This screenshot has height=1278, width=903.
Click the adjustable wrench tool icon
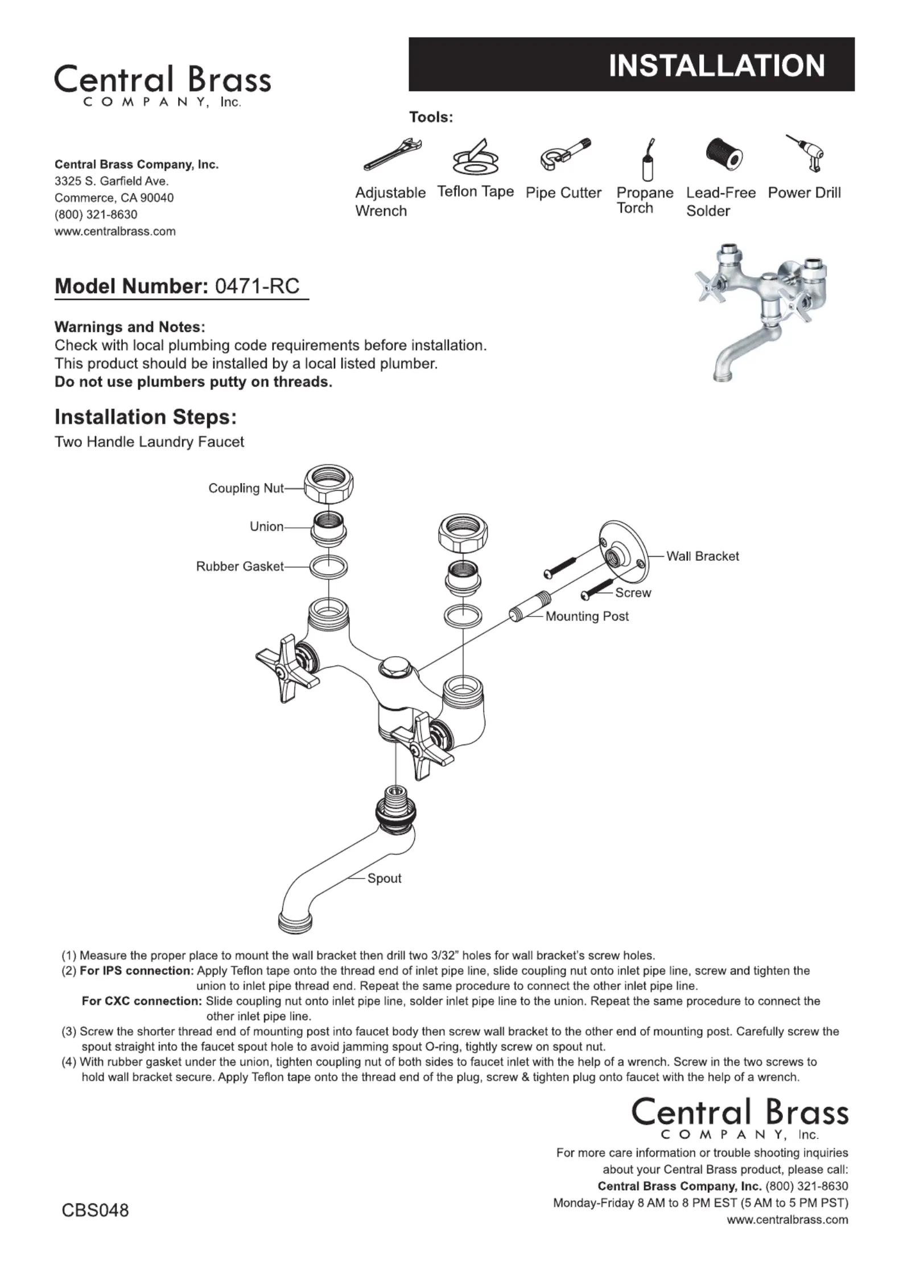click(x=393, y=154)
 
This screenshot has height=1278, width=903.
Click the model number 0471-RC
click(x=257, y=286)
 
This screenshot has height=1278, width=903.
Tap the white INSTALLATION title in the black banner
click(x=716, y=65)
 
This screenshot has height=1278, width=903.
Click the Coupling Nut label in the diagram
click(x=246, y=488)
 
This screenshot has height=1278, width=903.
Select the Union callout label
click(x=266, y=527)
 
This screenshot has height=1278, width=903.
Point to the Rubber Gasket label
click(x=240, y=566)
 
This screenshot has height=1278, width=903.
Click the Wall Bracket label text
click(x=702, y=556)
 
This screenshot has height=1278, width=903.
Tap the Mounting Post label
click(x=587, y=616)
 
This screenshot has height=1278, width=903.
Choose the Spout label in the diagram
click(x=384, y=878)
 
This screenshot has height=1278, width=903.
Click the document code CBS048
click(x=95, y=1210)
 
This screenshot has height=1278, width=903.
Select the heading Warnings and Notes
click(x=130, y=327)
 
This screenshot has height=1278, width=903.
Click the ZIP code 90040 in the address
click(x=157, y=198)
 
